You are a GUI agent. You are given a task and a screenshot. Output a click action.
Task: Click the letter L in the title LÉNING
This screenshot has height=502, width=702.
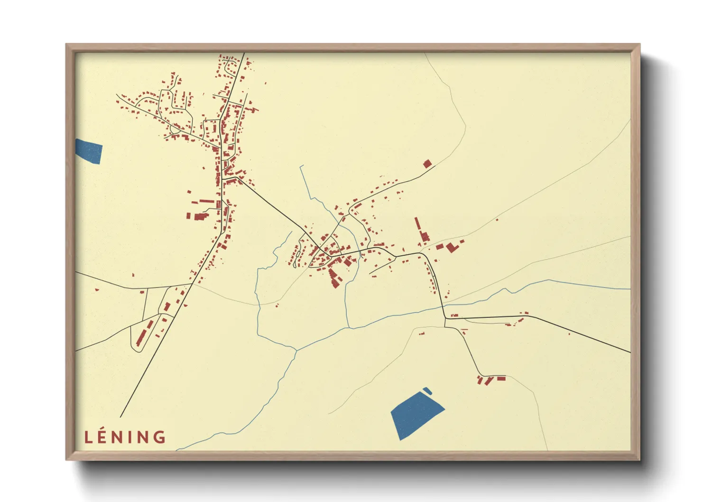click(88, 437)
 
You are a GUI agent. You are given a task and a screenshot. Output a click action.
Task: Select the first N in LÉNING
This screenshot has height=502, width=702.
click(120, 437)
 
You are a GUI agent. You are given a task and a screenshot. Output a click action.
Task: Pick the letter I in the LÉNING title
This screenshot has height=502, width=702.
click(133, 437)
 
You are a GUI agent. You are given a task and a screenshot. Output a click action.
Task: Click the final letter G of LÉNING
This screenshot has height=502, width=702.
click(160, 437)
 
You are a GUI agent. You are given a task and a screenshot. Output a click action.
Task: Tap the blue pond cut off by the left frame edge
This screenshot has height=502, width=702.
click(89, 150)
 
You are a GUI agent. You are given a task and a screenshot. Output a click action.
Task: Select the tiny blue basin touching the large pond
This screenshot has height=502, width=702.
click(427, 391)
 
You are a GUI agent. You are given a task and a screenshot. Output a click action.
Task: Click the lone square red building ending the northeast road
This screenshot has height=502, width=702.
click(427, 164)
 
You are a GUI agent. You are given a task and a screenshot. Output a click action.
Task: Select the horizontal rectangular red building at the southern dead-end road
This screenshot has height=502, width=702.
click(501, 378)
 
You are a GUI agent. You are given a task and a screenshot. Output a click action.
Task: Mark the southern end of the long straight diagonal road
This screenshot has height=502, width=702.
click(120, 417)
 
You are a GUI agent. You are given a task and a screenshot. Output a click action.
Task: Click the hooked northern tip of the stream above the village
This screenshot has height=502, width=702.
click(301, 167)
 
